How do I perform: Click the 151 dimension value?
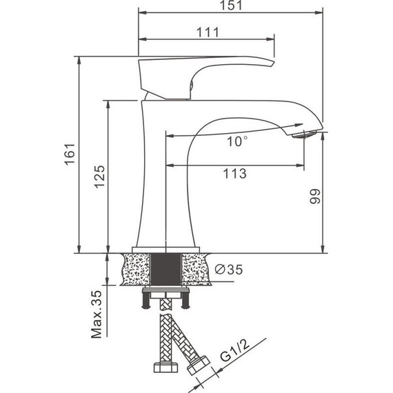231,6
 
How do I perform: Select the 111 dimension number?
208,32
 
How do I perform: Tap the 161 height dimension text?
70,154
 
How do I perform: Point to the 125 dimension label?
99,177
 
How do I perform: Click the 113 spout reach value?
234,174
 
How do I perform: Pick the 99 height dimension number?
315,196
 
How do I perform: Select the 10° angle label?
237,141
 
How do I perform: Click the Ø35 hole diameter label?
229,270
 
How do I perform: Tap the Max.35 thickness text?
97,314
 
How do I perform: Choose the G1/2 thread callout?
235,351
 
